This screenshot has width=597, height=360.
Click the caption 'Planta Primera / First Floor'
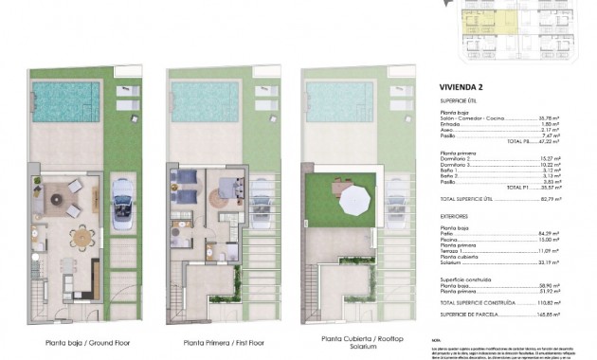[x=209, y=344]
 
